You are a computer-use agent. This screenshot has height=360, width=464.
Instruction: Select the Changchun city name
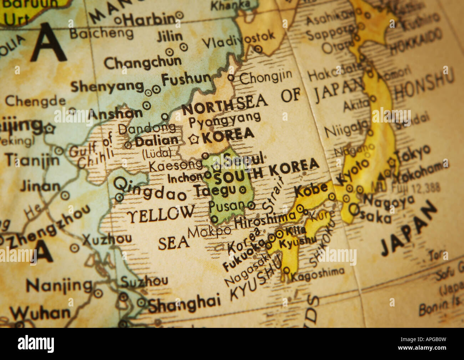point(142,63)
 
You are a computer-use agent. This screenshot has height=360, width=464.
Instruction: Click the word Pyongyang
point(225,120)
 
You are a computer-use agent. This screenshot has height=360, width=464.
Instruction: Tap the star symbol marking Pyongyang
point(194,139)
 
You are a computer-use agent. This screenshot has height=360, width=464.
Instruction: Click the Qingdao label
point(150,189)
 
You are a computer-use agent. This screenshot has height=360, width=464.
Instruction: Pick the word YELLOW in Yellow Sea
point(161,214)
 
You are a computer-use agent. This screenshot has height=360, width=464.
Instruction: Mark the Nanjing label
point(59,286)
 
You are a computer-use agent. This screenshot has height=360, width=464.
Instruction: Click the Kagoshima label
point(318,273)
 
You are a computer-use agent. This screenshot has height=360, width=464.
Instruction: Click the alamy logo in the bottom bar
point(36,344)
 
